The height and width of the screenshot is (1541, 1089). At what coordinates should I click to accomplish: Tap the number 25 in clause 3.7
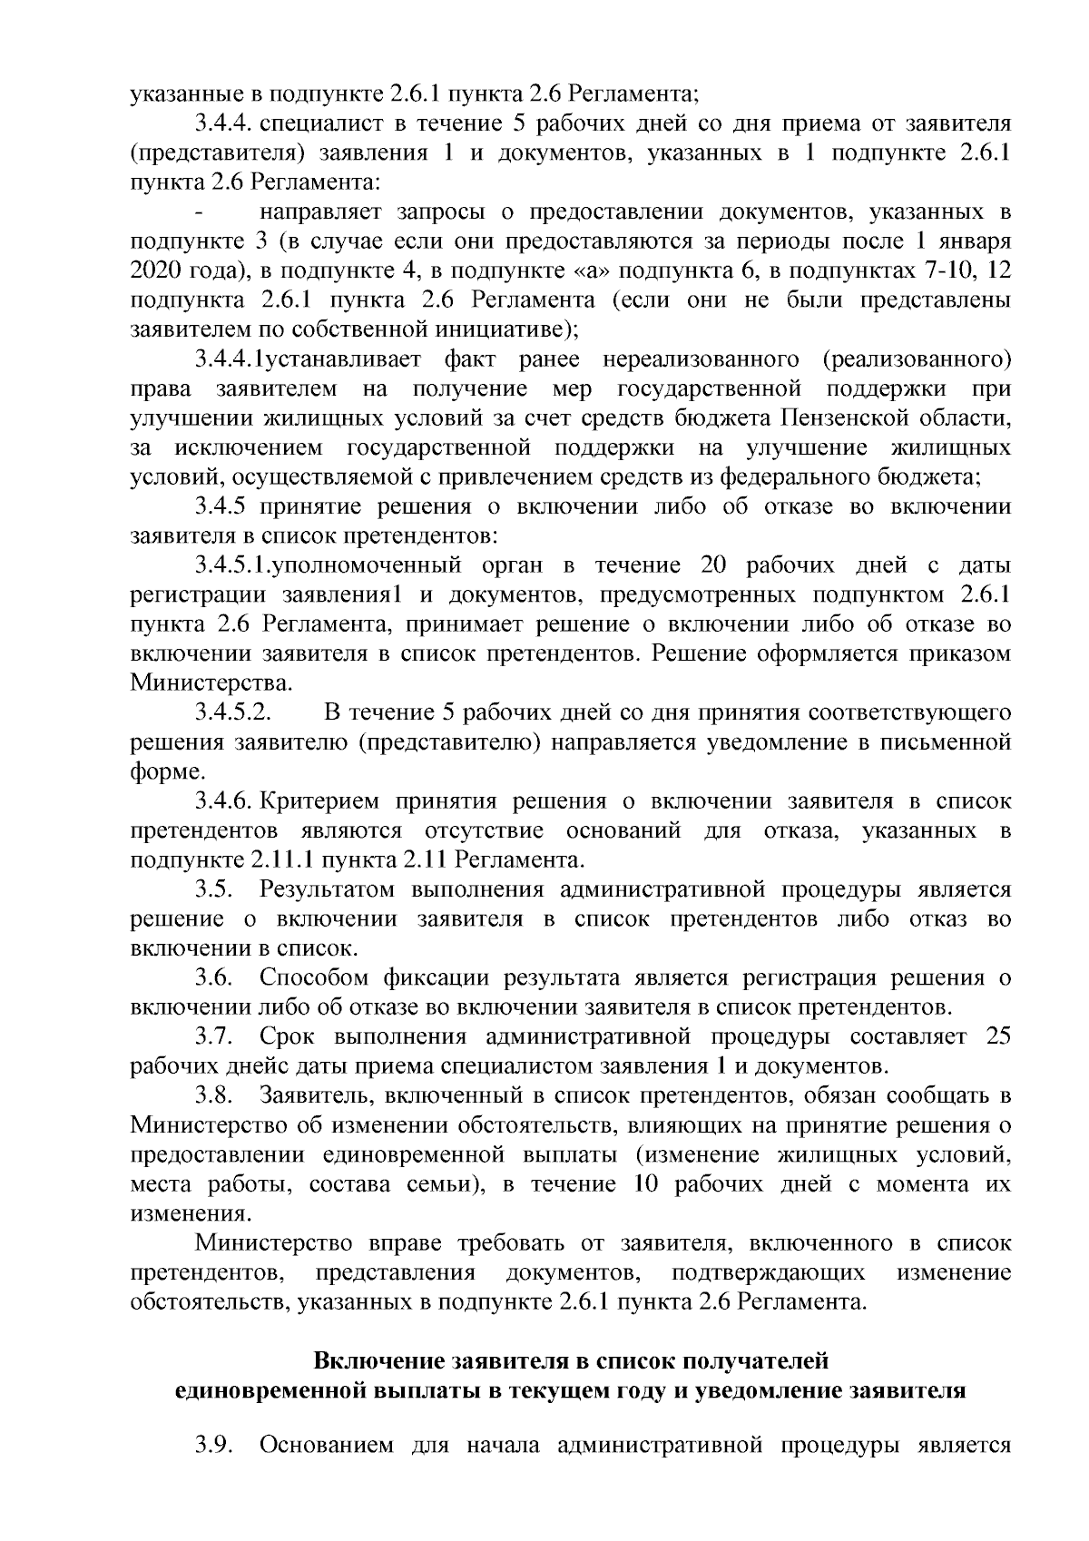point(997,1036)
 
